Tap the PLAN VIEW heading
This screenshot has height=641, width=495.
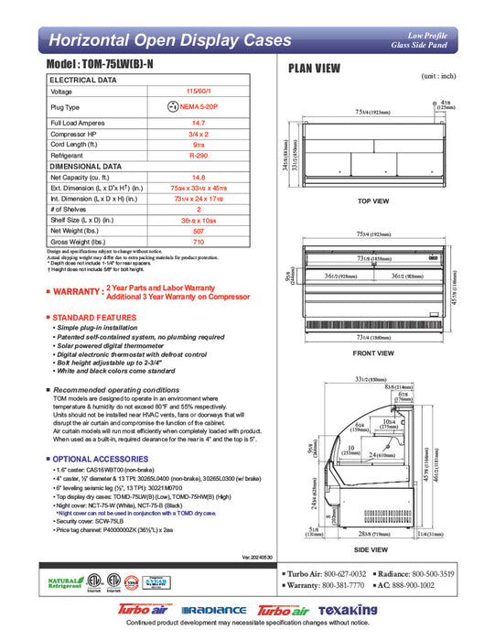316,68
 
